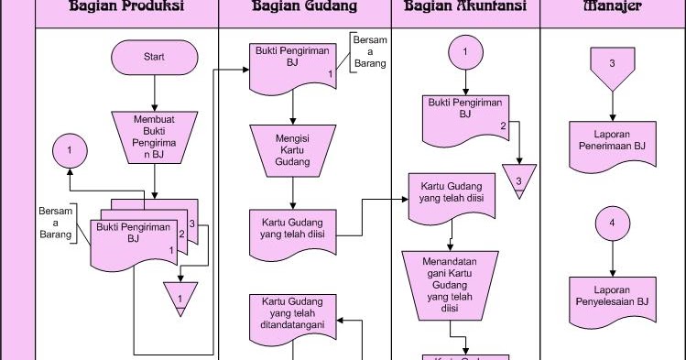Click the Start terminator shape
[154, 57]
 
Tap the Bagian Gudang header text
[304, 8]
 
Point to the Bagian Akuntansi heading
[464, 8]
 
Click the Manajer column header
[611, 8]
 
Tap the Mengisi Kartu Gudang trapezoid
[291, 150]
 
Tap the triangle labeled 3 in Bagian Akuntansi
[518, 178]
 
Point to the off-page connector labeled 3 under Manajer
[611, 67]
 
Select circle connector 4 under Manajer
[611, 223]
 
